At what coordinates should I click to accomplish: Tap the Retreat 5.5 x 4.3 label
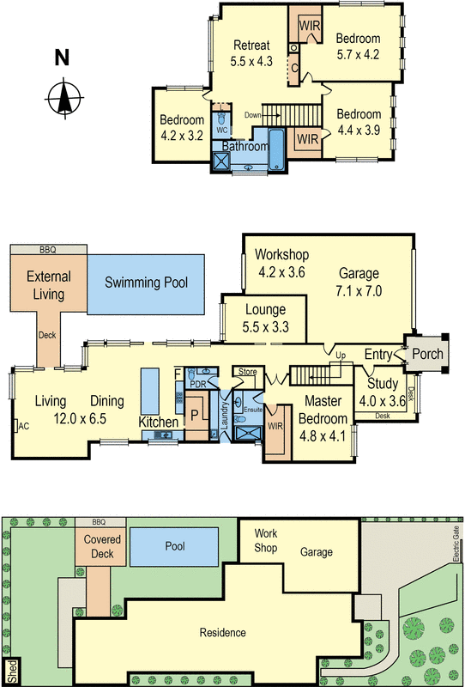(x=251, y=53)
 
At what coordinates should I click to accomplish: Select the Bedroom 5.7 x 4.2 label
(x=358, y=46)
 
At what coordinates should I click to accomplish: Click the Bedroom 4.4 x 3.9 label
(x=358, y=122)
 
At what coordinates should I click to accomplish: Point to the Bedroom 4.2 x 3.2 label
(x=181, y=127)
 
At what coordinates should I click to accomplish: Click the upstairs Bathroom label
(x=245, y=147)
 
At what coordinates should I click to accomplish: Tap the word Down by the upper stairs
(x=252, y=115)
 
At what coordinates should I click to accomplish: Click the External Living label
(x=48, y=284)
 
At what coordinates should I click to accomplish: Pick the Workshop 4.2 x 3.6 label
(x=281, y=264)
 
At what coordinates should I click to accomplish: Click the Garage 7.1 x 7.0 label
(x=359, y=283)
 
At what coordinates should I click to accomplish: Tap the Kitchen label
(x=159, y=423)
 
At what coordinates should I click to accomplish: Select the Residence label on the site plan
(x=223, y=633)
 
